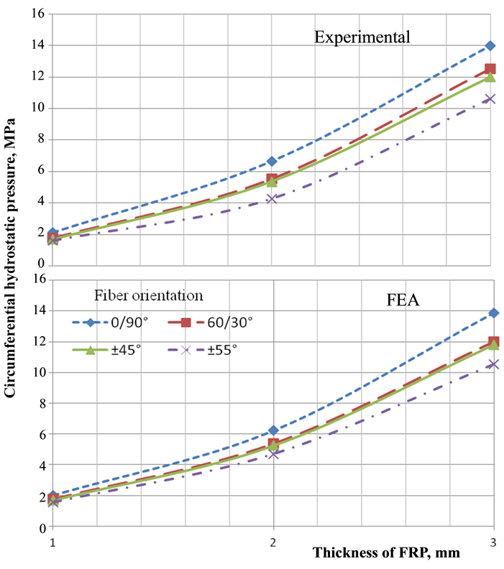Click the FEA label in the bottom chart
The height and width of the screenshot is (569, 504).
tap(398, 301)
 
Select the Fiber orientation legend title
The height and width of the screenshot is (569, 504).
tap(149, 295)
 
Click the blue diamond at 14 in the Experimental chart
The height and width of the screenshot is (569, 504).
tap(490, 46)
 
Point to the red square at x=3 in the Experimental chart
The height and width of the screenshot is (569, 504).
tap(490, 70)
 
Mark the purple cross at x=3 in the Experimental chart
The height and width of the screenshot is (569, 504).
tap(490, 99)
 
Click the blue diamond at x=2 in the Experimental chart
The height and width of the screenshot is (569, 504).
tap(272, 162)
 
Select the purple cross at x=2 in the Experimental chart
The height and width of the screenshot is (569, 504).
tap(272, 198)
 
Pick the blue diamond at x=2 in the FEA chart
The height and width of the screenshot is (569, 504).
tap(273, 430)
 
